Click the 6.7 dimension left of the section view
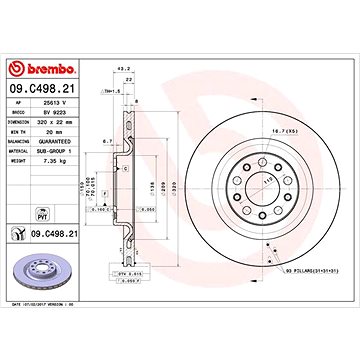point(106,142)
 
